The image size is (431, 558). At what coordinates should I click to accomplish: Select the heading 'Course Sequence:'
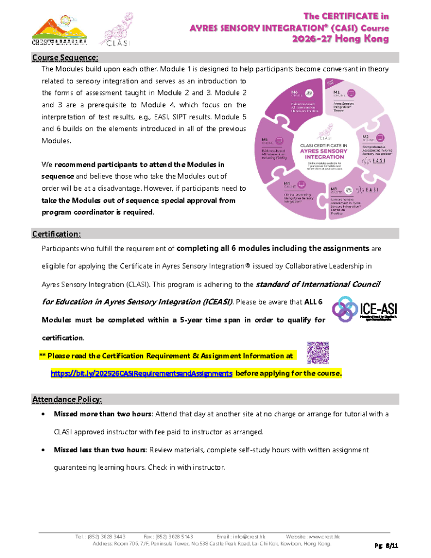[65, 57]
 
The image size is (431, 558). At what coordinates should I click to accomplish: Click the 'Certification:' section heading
[56, 234]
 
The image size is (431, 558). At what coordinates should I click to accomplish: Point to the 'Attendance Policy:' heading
[67, 399]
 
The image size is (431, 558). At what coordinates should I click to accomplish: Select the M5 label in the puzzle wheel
[265, 140]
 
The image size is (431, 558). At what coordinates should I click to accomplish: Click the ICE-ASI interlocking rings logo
[345, 310]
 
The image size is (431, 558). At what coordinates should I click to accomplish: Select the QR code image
[318, 353]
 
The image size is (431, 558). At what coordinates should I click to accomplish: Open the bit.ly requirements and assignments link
[142, 373]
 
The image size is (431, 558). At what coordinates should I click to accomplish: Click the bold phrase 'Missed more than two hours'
[102, 414]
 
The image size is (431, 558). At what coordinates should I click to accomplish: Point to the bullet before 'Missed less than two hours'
[43, 450]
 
